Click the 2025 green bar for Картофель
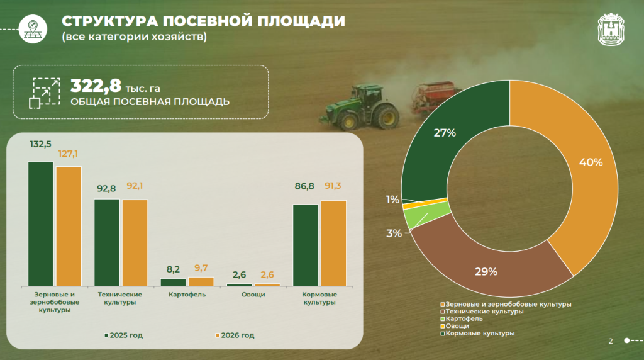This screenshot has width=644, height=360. tap(173, 282)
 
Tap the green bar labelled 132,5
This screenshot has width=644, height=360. tap(40, 223)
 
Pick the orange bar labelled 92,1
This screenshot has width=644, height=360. tap(135, 242)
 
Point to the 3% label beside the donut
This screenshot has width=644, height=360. tap(394, 233)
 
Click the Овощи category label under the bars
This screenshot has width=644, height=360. tap(254, 295)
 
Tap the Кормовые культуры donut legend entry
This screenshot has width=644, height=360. tap(477, 333)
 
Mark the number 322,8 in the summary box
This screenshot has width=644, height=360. tap(94, 85)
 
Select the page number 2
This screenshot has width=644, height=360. tap(610, 341)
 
